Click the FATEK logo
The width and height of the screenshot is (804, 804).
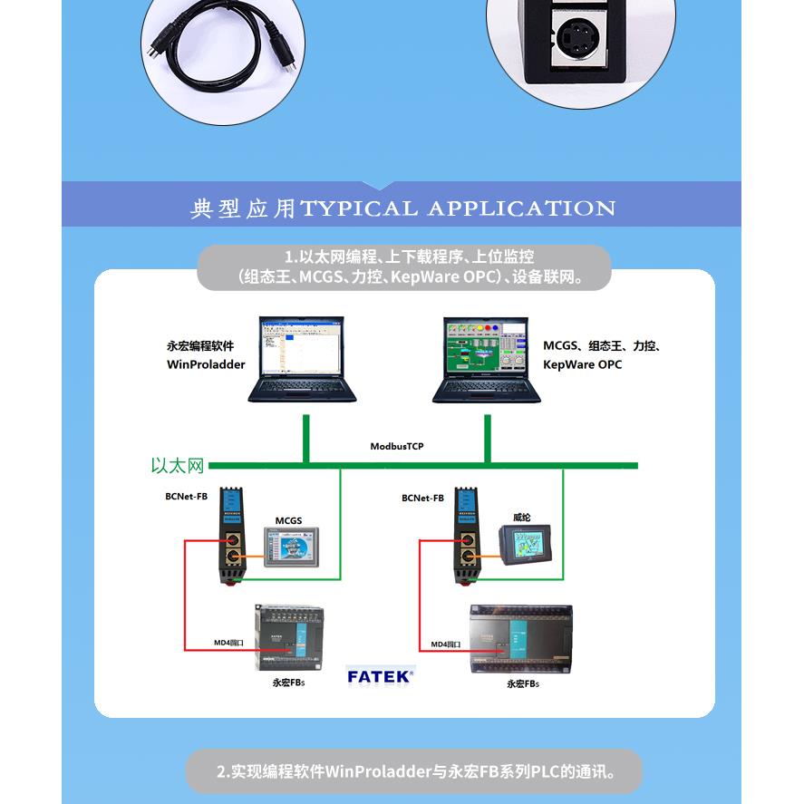point(381,675)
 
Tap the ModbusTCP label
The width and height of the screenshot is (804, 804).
point(396,447)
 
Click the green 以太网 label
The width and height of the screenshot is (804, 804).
point(178,466)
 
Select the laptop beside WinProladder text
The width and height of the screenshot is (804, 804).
point(303,359)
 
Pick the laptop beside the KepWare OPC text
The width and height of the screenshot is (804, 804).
point(486,359)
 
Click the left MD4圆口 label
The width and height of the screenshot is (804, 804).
point(228,643)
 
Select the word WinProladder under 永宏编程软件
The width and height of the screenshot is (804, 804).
point(206,364)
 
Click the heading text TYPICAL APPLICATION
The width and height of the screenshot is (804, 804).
point(458,208)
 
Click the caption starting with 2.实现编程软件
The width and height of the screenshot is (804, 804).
point(415,772)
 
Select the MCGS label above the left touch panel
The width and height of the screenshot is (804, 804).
point(288,521)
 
